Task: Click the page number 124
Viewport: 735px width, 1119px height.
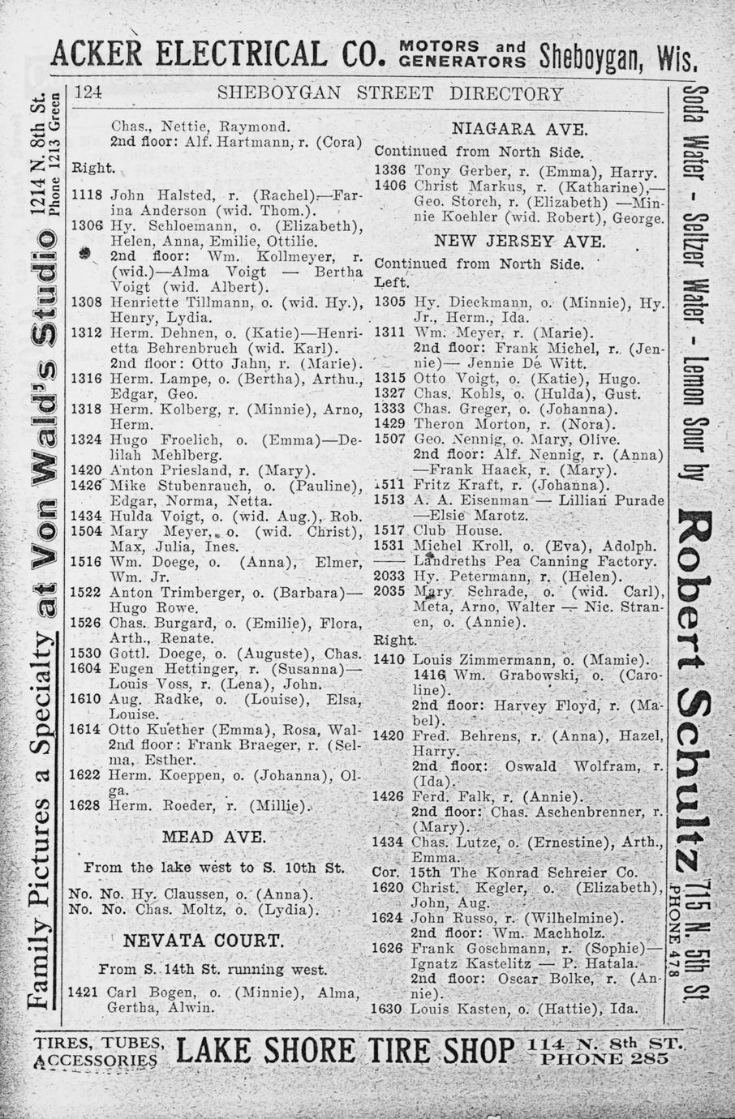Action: [x=88, y=93]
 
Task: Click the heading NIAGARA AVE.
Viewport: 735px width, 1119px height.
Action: [x=520, y=128]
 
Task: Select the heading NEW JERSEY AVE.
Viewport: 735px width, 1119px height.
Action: [x=519, y=241]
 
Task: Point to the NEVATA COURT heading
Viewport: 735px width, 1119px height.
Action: [x=203, y=941]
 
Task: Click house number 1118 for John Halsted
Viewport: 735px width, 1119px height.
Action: [x=87, y=195]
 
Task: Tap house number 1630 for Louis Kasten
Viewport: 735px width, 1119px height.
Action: [x=387, y=1010]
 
